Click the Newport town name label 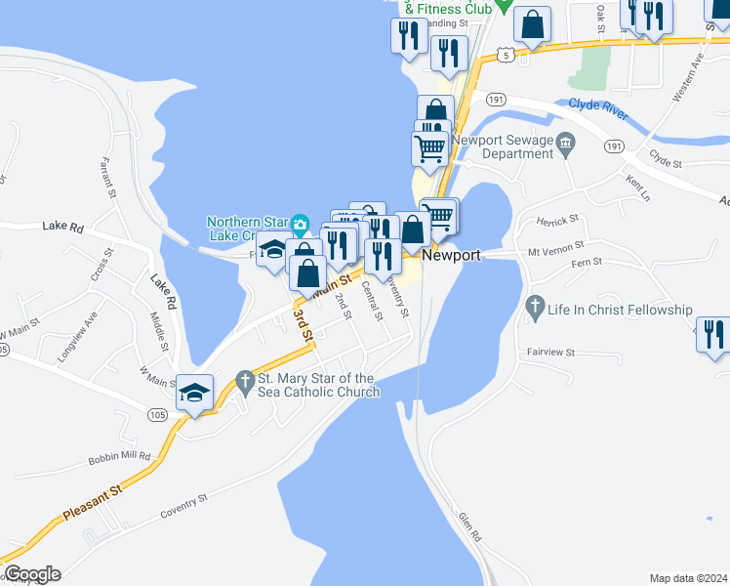[x=454, y=255]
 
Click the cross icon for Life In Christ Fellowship [x=534, y=310]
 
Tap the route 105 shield [x=159, y=415]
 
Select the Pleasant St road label [x=91, y=502]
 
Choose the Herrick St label [x=558, y=219]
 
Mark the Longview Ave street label [x=77, y=337]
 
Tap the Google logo [x=31, y=574]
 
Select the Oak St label [x=600, y=19]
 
